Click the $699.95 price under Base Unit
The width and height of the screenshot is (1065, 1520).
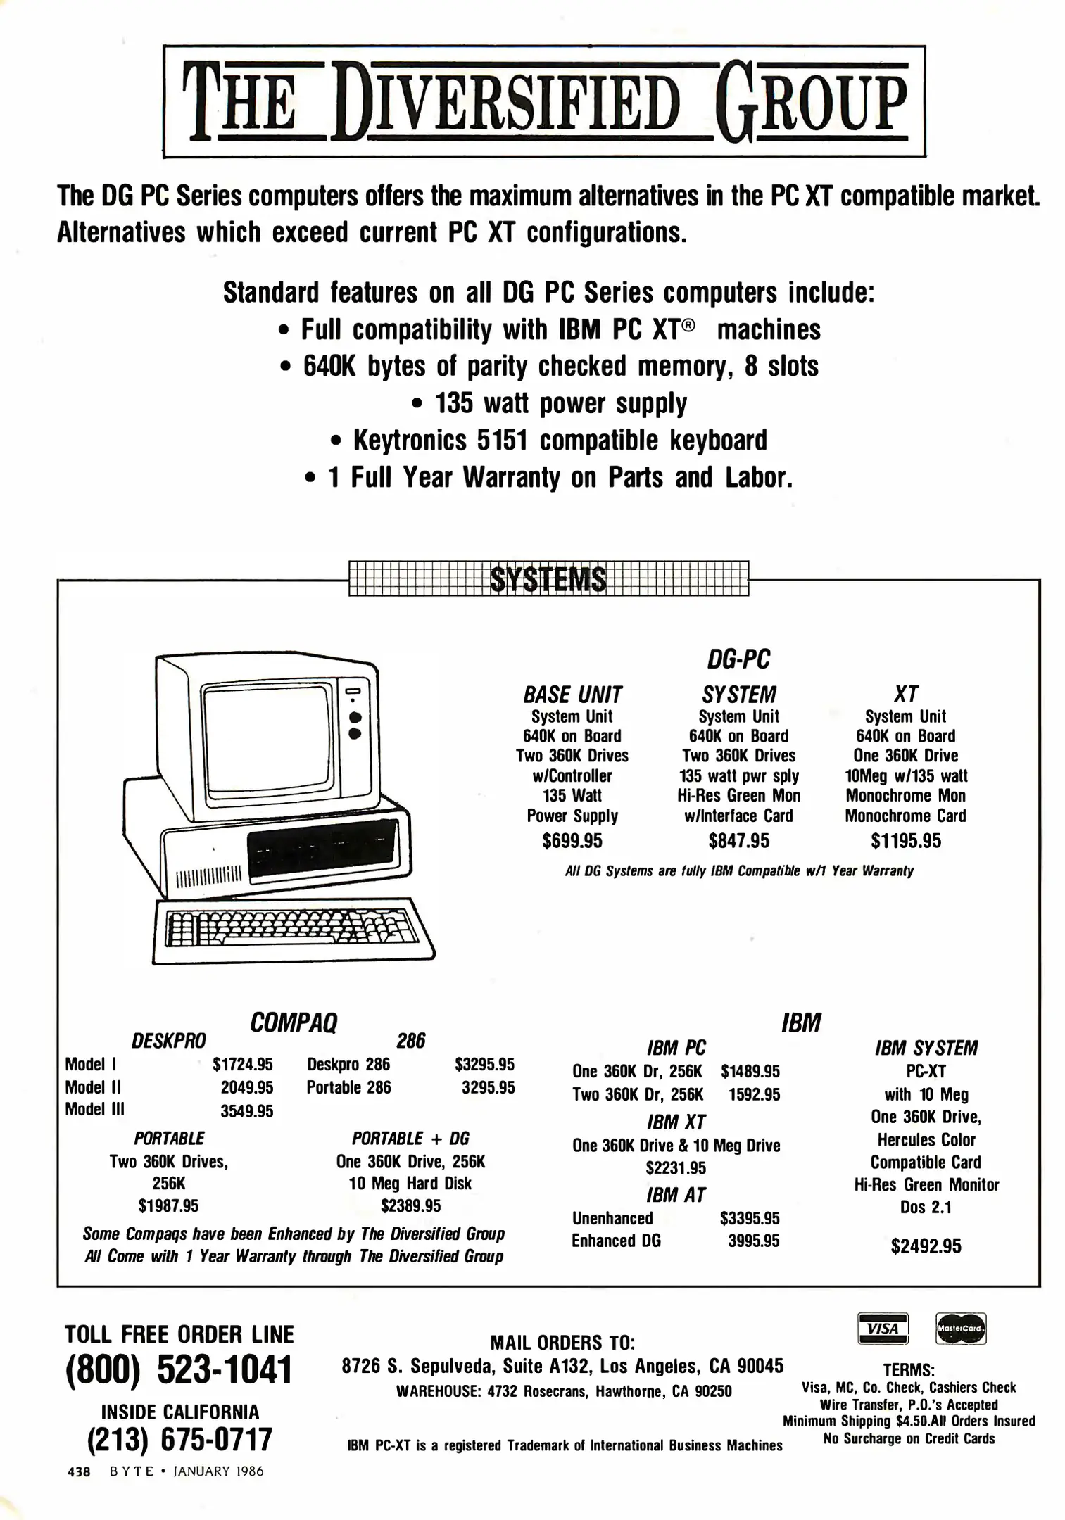pyautogui.click(x=572, y=841)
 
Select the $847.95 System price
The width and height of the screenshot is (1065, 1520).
pyautogui.click(x=739, y=841)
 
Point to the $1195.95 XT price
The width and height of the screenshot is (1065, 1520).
pyautogui.click(x=906, y=841)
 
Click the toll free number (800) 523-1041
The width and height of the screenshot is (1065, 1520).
pyautogui.click(x=178, y=1370)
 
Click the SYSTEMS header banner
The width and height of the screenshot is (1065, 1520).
pyautogui.click(x=548, y=579)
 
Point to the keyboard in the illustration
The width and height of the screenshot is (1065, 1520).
pyautogui.click(x=292, y=930)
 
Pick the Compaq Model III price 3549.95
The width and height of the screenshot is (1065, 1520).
pyautogui.click(x=246, y=1111)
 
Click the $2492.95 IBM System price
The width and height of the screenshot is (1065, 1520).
pyautogui.click(x=926, y=1246)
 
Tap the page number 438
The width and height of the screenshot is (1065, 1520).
pyautogui.click(x=79, y=1471)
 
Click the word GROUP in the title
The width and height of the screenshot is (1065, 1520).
pyautogui.click(x=810, y=102)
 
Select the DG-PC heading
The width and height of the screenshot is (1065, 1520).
pyautogui.click(x=738, y=659)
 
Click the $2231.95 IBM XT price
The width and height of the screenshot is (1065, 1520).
pyautogui.click(x=676, y=1168)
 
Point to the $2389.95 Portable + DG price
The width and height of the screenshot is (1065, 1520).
pyautogui.click(x=410, y=1205)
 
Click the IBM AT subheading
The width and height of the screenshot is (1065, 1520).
pyautogui.click(x=676, y=1195)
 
